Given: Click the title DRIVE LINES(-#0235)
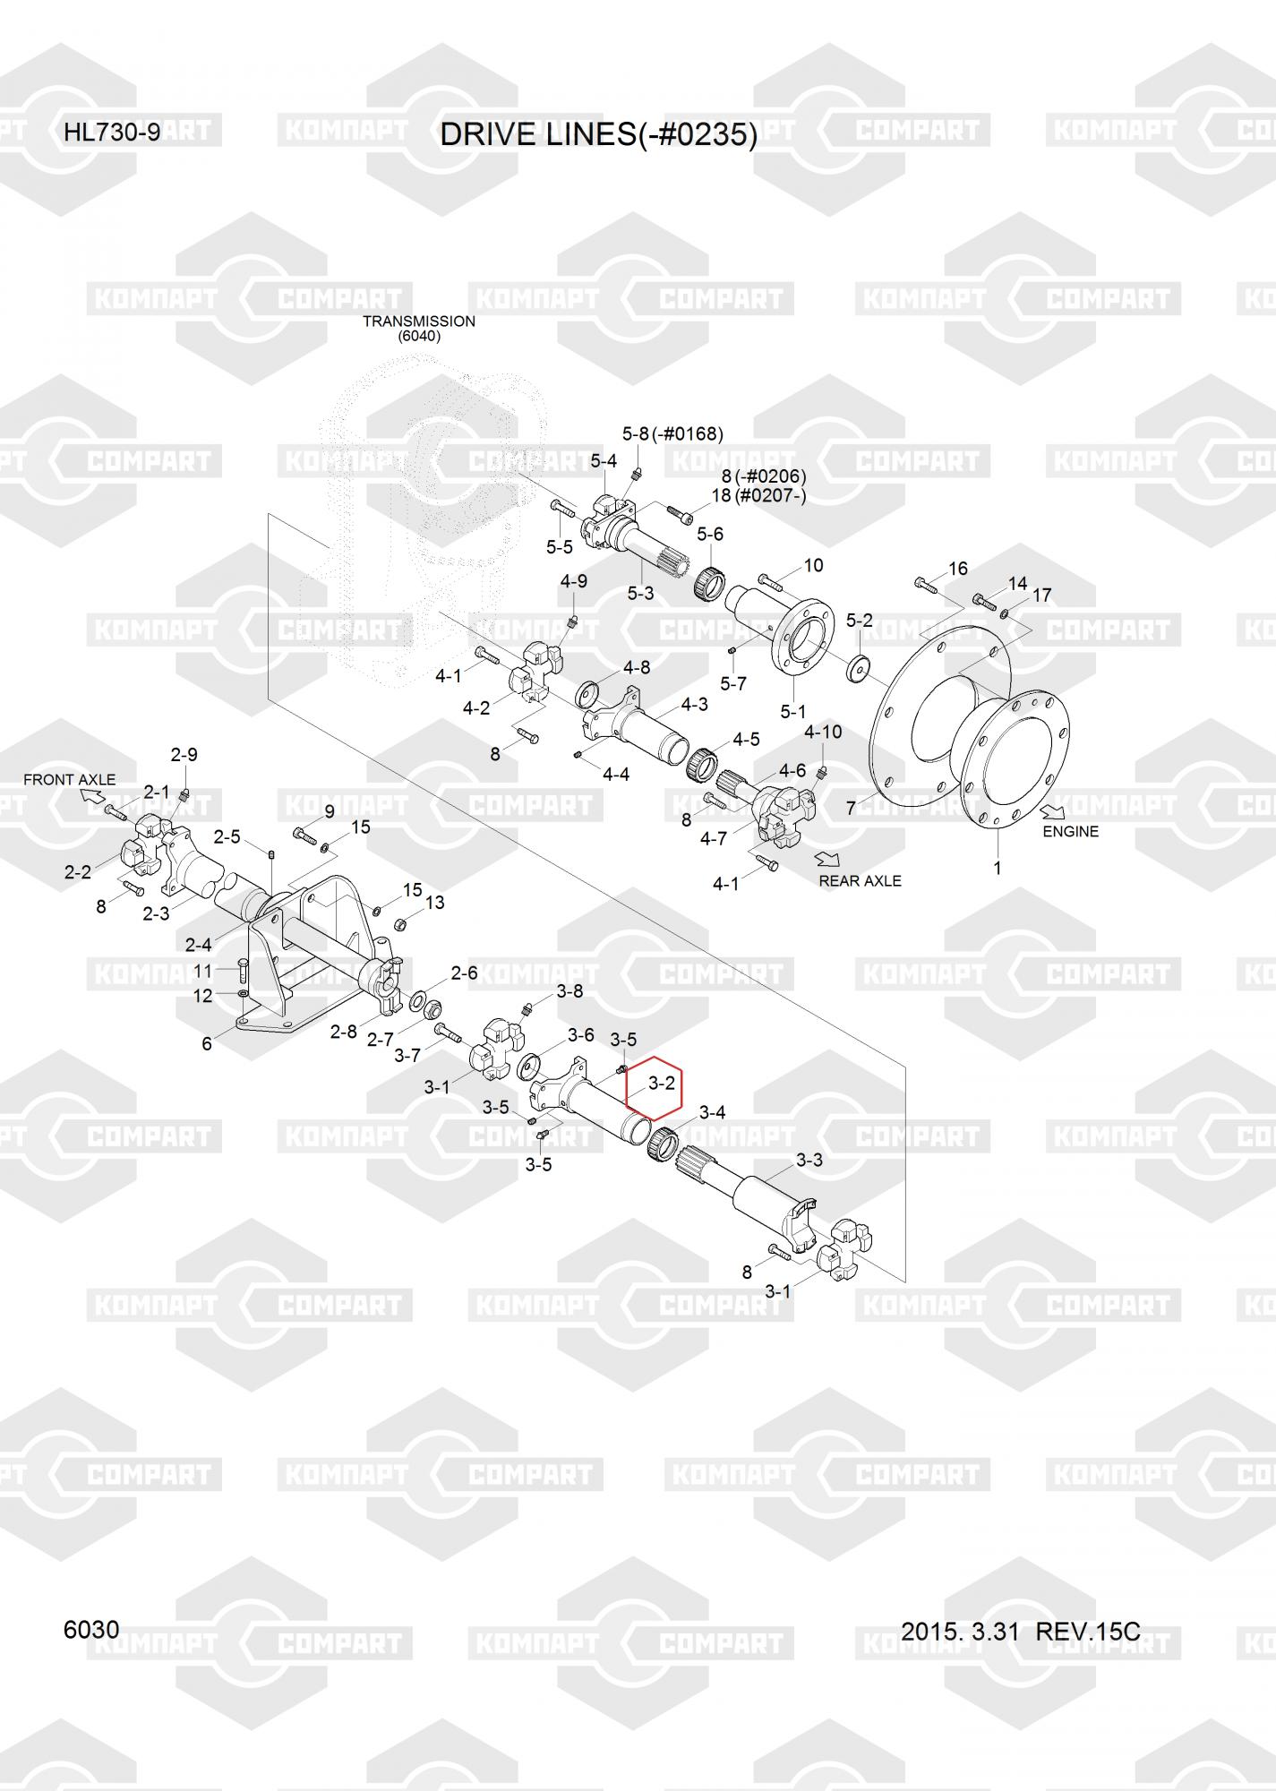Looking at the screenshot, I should pyautogui.click(x=598, y=134).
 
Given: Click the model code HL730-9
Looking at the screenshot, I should pyautogui.click(x=112, y=133).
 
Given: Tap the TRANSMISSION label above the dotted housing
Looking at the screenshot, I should pyautogui.click(x=418, y=321).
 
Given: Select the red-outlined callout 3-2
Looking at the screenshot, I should pyautogui.click(x=661, y=1084).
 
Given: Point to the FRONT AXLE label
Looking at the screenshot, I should pyautogui.click(x=69, y=780).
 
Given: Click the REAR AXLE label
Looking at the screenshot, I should pyautogui.click(x=860, y=881).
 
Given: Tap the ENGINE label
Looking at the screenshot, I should pyautogui.click(x=1070, y=832).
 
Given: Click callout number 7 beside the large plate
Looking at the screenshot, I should pyautogui.click(x=851, y=809).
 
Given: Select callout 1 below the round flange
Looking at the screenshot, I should pyautogui.click(x=997, y=868).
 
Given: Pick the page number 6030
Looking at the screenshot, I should pyautogui.click(x=91, y=1630).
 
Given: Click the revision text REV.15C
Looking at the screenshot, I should pyautogui.click(x=1088, y=1632).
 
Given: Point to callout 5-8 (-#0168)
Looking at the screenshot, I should pyautogui.click(x=672, y=434).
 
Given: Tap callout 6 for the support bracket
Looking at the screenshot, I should pyautogui.click(x=207, y=1044).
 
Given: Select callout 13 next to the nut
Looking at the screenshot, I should pyautogui.click(x=434, y=903).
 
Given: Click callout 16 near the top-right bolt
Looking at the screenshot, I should pyautogui.click(x=957, y=569).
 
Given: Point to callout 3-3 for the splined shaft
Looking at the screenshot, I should pyautogui.click(x=809, y=1161).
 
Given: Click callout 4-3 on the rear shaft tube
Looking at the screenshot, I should pyautogui.click(x=694, y=705).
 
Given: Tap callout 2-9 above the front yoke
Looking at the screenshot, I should pyautogui.click(x=184, y=755).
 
